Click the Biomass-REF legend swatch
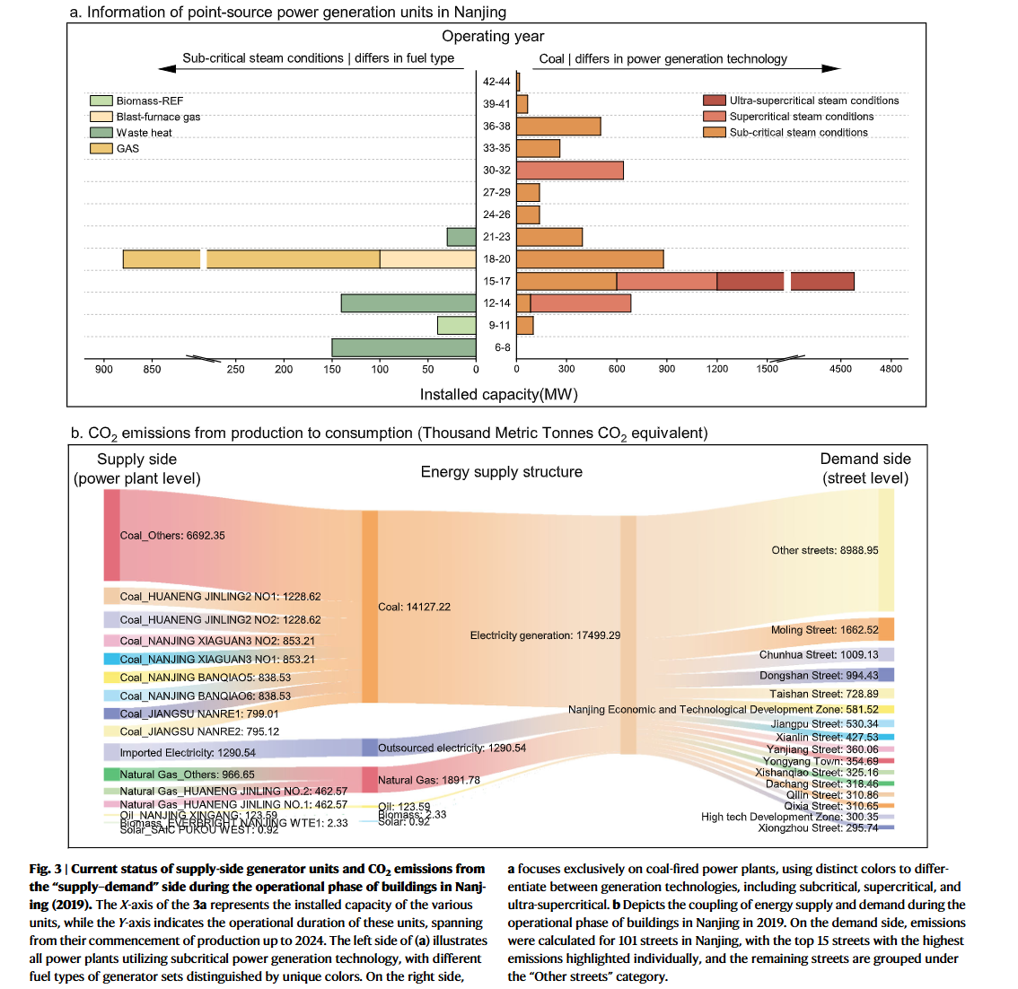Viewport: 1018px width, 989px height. [x=101, y=101]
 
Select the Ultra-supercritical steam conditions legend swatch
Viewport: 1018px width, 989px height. [x=714, y=101]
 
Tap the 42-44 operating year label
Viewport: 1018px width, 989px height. [x=496, y=82]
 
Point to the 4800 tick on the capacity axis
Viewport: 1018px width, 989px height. [x=891, y=369]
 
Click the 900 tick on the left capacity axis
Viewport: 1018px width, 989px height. [x=104, y=369]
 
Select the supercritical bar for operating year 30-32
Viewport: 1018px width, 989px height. [x=569, y=171]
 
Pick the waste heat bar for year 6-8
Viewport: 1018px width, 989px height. [x=403, y=347]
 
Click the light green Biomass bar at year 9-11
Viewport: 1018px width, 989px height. [x=456, y=325]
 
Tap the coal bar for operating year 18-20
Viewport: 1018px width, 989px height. [x=590, y=259]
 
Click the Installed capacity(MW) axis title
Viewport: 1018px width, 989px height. [x=498, y=394]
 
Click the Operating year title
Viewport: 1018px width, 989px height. [x=493, y=36]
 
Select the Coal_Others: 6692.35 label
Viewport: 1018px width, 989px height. [x=172, y=536]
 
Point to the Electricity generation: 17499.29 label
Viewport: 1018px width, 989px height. [x=545, y=635]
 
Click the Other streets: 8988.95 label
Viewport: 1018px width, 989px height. [x=824, y=550]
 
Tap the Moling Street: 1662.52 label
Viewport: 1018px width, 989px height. [x=824, y=630]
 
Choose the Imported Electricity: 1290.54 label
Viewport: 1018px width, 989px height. [x=188, y=753]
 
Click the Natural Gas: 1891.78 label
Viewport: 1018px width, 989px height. [x=428, y=780]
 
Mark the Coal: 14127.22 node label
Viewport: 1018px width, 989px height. [x=414, y=607]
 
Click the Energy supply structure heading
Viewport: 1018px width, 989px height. [x=501, y=472]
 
